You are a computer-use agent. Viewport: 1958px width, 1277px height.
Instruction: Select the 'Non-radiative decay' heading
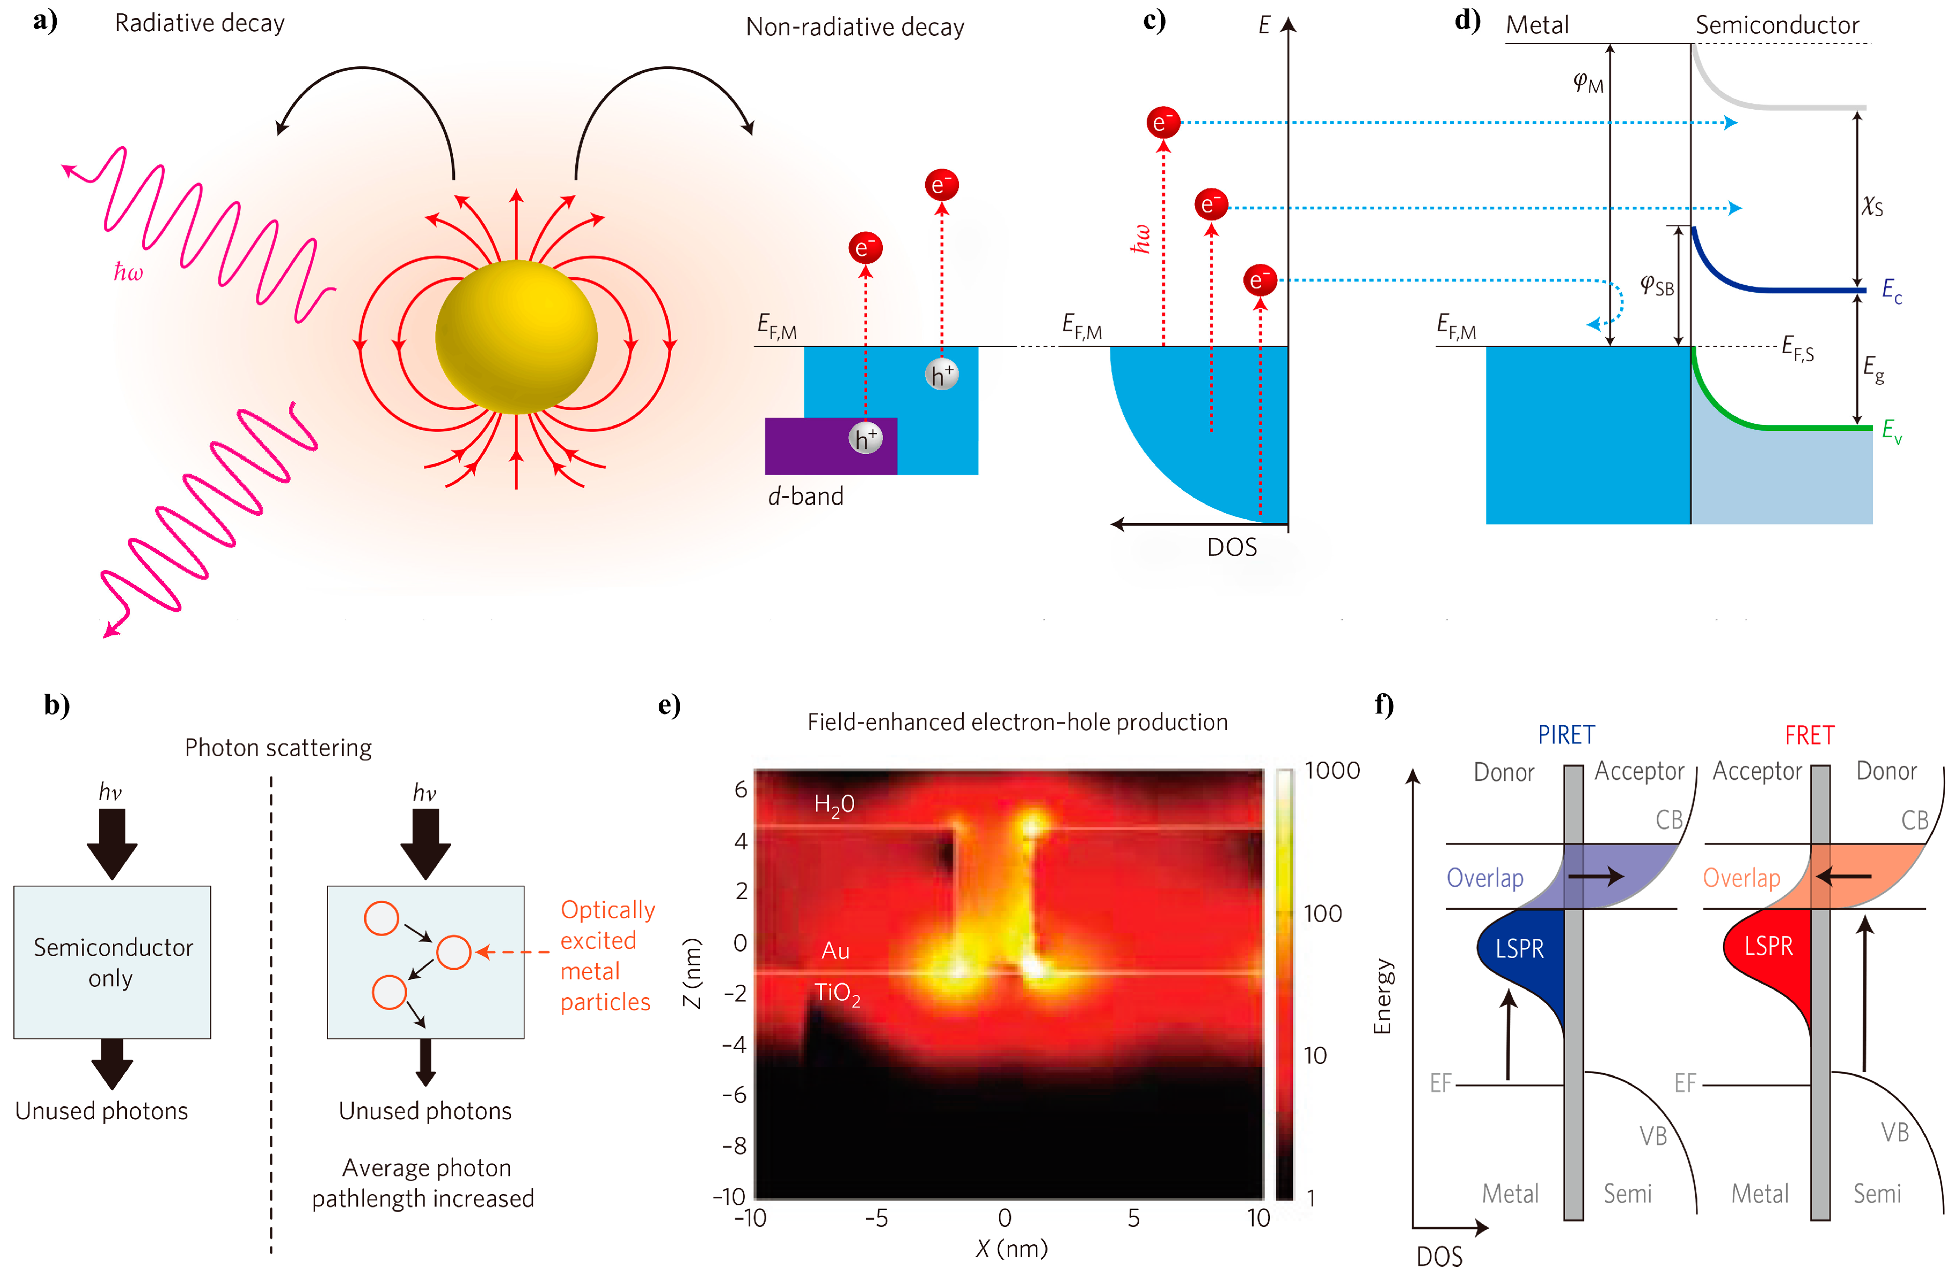coord(854,27)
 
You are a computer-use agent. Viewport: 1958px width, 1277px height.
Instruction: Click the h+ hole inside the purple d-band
coord(865,438)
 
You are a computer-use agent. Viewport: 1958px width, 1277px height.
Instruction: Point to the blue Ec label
coord(1891,291)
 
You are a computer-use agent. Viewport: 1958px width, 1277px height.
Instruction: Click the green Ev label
coord(1891,430)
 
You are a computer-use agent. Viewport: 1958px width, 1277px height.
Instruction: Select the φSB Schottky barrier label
coord(1656,285)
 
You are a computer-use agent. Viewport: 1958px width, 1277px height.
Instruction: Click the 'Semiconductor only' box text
coord(113,962)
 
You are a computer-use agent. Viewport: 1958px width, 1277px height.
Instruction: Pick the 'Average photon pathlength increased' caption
coord(424,1182)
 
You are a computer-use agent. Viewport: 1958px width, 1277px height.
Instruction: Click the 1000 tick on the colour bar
coord(1332,771)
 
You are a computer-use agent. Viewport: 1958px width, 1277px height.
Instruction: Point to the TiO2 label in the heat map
coord(837,993)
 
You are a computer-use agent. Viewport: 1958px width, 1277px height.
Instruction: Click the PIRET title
coord(1566,735)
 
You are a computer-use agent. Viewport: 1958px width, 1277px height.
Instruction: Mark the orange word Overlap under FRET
coord(1741,878)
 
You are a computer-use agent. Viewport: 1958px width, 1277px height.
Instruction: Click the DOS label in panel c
coord(1231,547)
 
